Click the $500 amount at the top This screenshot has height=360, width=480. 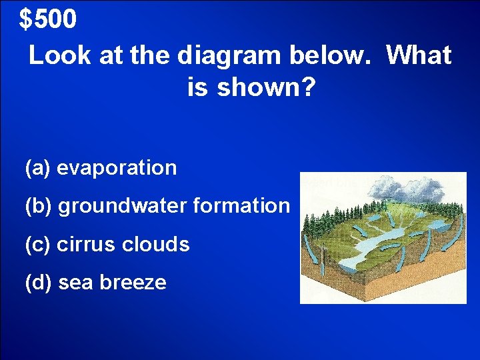point(48,20)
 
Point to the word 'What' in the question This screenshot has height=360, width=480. point(419,56)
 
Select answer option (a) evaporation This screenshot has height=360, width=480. point(101,168)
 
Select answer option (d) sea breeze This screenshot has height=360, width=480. point(95,283)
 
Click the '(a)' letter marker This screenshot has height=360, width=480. point(37,168)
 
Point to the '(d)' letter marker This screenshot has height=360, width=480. point(38,283)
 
